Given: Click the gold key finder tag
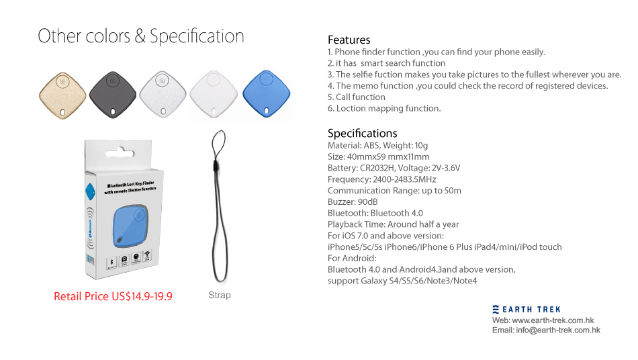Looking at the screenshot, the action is click(x=62, y=95).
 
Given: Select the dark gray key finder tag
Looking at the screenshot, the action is click(x=113, y=95).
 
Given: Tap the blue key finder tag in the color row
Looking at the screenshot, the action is click(x=266, y=93).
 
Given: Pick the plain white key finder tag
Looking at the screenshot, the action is click(x=213, y=94).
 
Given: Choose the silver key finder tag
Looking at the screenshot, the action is click(x=163, y=95).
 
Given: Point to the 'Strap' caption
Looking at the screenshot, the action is click(x=220, y=296).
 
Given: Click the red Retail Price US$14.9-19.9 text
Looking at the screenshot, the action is click(x=113, y=296).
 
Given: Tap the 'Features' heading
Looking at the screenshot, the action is click(x=349, y=40).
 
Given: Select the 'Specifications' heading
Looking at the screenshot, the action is click(x=363, y=134).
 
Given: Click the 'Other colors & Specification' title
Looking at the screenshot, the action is click(x=141, y=36).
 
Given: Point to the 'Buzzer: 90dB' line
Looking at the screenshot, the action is click(x=353, y=201).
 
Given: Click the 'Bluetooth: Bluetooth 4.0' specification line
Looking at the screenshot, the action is click(x=375, y=213).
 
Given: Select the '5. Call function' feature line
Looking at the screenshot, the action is click(x=357, y=97).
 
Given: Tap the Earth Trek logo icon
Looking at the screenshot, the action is click(x=496, y=309).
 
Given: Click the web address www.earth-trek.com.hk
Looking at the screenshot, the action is click(x=553, y=320).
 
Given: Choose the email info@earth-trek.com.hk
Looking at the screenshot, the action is click(x=558, y=330).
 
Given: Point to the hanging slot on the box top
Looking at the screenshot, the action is click(x=120, y=153).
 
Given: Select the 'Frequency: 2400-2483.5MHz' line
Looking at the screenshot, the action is click(x=381, y=179).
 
